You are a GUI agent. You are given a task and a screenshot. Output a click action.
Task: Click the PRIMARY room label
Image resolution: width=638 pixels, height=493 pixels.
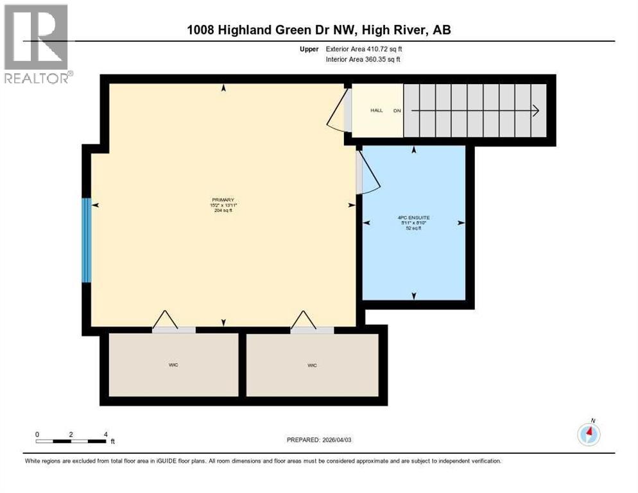pyautogui.click(x=223, y=200)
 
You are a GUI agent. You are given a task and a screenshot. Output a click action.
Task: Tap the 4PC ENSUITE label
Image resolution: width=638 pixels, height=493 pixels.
pyautogui.click(x=413, y=218)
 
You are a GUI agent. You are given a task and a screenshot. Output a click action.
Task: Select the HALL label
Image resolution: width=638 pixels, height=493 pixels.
pyautogui.click(x=376, y=110)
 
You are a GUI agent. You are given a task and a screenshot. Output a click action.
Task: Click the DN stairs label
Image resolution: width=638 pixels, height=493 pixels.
pyautogui.click(x=397, y=110)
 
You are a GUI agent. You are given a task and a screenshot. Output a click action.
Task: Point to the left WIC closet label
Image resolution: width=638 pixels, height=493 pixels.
pyautogui.click(x=173, y=365)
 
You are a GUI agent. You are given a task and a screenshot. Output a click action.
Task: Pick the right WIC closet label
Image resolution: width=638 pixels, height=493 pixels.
pyautogui.click(x=312, y=365)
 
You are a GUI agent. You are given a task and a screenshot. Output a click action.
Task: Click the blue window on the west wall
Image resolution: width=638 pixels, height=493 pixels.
pyautogui.click(x=86, y=240)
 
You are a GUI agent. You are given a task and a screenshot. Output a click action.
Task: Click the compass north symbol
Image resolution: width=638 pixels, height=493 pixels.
pyautogui.click(x=589, y=433)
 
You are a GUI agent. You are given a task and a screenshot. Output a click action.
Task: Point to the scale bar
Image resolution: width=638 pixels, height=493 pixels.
pyautogui.click(x=71, y=440)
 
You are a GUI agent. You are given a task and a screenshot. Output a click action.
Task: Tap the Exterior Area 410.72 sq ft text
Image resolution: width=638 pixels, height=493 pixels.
pyautogui.click(x=364, y=49)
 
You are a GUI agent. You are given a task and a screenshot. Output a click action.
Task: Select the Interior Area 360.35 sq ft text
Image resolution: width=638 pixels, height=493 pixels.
pyautogui.click(x=364, y=60)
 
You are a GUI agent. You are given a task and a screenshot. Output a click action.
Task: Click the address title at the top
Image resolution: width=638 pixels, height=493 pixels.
pyautogui.click(x=318, y=30)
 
